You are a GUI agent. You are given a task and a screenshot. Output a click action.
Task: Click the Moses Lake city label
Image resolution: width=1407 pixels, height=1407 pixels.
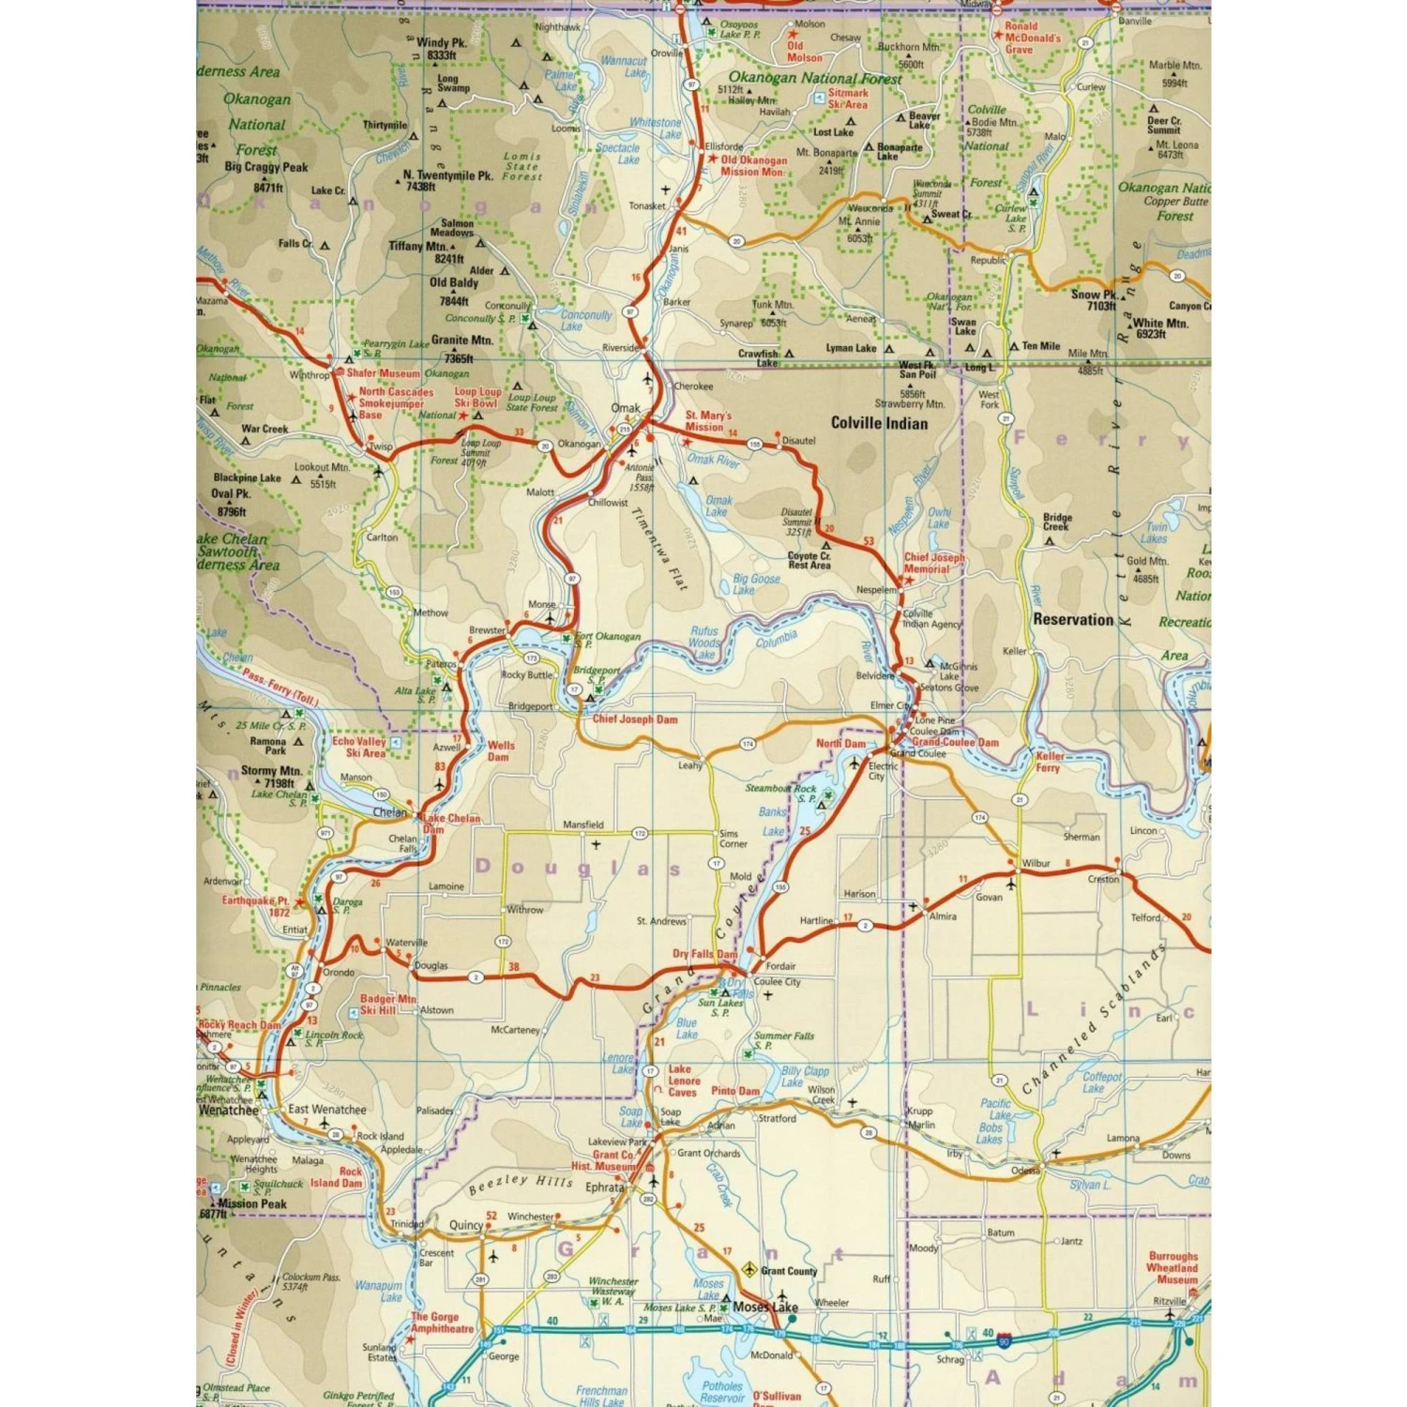[765, 1307]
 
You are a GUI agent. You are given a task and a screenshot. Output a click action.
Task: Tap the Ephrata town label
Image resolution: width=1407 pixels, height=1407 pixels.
[605, 1187]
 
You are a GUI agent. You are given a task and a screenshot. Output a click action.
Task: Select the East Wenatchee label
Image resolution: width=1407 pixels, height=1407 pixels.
[326, 1109]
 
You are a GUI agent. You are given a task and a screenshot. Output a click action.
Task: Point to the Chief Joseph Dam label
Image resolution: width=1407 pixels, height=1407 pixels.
[634, 719]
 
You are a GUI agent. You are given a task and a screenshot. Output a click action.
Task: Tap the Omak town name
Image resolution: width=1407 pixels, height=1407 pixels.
[625, 408]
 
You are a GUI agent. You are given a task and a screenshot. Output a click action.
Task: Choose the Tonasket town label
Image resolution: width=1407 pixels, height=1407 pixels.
[647, 206]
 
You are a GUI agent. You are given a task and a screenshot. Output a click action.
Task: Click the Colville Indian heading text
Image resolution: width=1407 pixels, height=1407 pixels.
[879, 423]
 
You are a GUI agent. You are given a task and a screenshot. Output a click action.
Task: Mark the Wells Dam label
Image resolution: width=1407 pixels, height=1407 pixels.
[500, 751]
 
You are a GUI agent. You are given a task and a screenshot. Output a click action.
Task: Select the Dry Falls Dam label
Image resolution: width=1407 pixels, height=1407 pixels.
[704, 954]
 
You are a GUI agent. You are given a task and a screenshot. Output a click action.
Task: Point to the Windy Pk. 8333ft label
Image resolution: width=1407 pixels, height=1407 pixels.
[441, 49]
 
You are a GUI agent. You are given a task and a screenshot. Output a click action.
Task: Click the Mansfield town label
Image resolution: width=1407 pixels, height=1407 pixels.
[583, 825]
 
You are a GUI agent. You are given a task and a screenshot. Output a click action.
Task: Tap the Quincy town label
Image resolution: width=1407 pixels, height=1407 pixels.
[466, 1225]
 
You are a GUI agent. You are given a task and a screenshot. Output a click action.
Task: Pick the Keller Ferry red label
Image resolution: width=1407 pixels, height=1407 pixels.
[1049, 762]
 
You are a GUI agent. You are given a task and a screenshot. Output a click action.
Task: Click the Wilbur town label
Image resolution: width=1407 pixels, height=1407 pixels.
[1036, 863]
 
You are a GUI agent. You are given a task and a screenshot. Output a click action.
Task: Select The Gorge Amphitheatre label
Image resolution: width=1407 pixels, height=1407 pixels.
[442, 1323]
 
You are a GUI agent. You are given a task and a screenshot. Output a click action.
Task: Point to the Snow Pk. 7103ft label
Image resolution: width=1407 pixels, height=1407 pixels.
[1095, 300]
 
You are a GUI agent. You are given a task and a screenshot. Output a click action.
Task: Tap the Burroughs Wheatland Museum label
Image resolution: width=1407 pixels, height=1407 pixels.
[1172, 1267]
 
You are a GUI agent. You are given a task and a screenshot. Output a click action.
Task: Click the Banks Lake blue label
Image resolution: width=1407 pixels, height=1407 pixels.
[773, 822]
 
